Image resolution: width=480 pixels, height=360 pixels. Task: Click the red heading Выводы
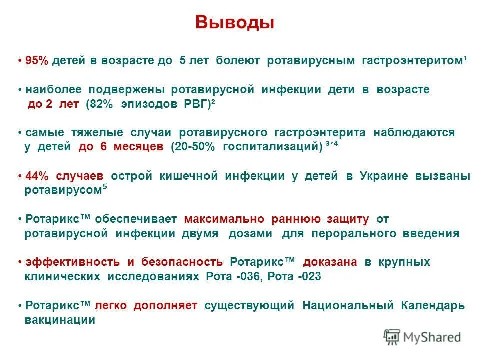(235, 23)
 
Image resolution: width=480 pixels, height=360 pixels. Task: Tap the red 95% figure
(37, 61)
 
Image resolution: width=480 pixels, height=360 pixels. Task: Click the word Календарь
(433, 306)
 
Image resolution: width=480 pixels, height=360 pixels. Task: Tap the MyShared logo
(422, 337)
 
